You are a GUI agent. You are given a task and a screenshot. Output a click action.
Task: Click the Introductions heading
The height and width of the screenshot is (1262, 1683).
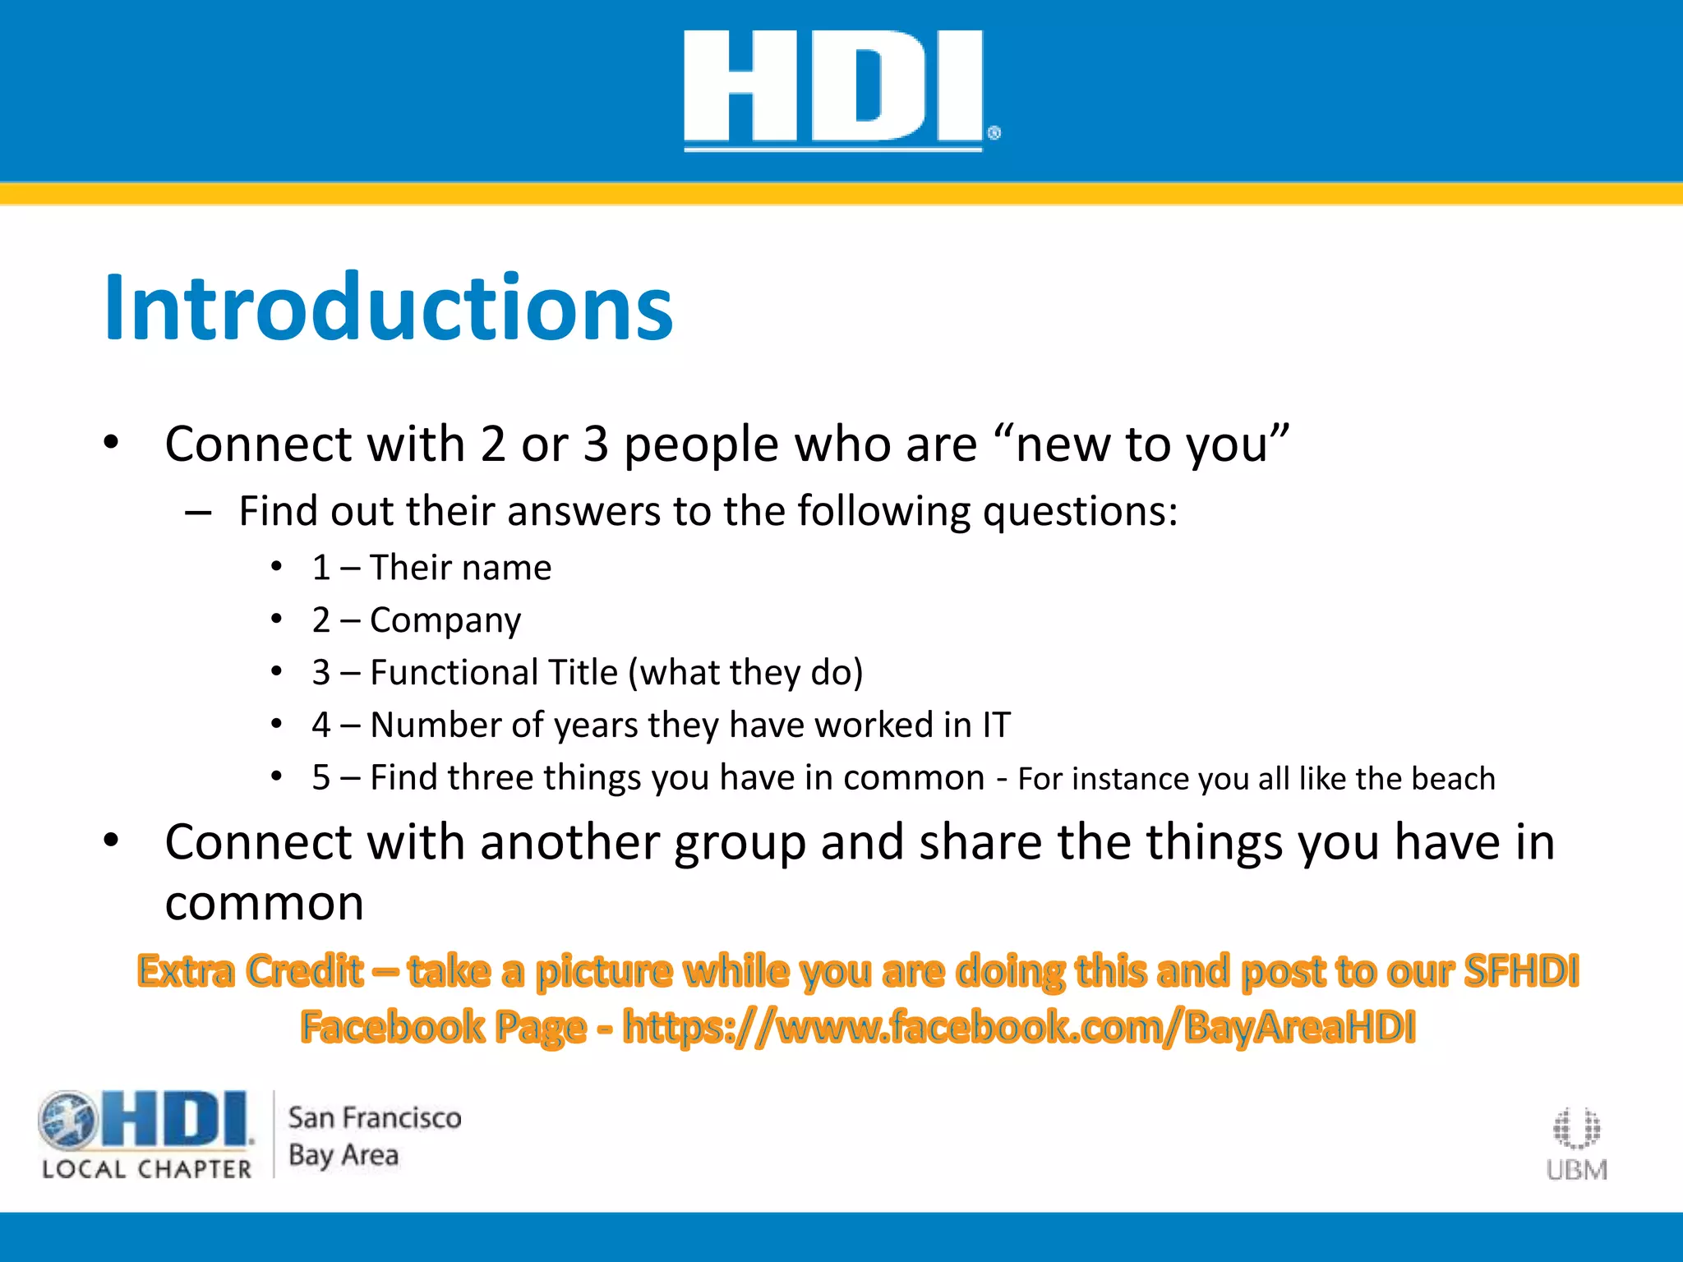[388, 307]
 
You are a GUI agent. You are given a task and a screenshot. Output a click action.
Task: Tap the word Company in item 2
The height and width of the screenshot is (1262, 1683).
[445, 620]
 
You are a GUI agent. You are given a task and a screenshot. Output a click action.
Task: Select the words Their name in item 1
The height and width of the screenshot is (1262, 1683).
[460, 568]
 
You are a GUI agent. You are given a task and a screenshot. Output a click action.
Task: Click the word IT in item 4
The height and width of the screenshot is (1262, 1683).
[996, 725]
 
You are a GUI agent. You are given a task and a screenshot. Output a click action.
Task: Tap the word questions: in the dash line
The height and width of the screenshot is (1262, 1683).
[1080, 512]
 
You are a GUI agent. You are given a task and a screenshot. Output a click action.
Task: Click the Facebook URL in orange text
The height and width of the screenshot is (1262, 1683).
[1019, 1027]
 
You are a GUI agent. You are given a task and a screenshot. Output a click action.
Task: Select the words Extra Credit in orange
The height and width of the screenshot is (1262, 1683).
[251, 971]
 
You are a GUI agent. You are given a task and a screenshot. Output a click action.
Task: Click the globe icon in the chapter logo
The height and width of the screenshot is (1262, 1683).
[67, 1120]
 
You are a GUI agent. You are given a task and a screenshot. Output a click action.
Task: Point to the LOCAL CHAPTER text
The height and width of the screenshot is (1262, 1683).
[147, 1169]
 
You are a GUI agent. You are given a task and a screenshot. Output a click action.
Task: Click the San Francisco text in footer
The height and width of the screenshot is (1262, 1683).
[375, 1118]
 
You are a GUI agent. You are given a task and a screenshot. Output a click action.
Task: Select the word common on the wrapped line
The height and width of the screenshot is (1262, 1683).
[264, 904]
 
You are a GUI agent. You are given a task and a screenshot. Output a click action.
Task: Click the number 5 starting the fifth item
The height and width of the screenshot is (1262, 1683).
[320, 778]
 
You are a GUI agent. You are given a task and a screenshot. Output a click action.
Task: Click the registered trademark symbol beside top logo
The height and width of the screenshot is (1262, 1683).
[994, 133]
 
